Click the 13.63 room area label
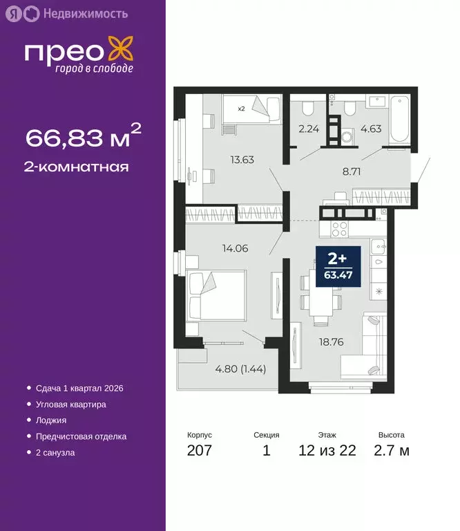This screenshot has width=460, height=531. point(242,160)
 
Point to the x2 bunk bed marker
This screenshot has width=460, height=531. point(241,109)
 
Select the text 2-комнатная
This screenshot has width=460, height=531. point(77,167)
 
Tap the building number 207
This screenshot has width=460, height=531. point(200,451)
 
